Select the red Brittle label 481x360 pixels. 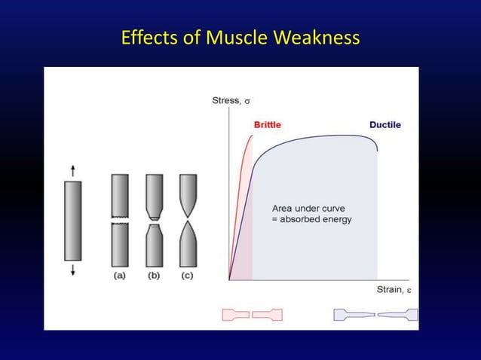[x=268, y=124]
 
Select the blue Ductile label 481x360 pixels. [x=384, y=124]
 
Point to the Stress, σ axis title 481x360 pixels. [x=231, y=100]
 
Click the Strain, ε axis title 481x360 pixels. [x=394, y=290]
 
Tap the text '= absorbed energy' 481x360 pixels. [x=311, y=220]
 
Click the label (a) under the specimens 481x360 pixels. [x=121, y=276]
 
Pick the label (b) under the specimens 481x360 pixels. [x=154, y=276]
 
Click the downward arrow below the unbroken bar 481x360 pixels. [x=73, y=270]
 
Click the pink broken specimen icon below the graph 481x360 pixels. [x=252, y=314]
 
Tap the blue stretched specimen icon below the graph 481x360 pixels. [x=375, y=314]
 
